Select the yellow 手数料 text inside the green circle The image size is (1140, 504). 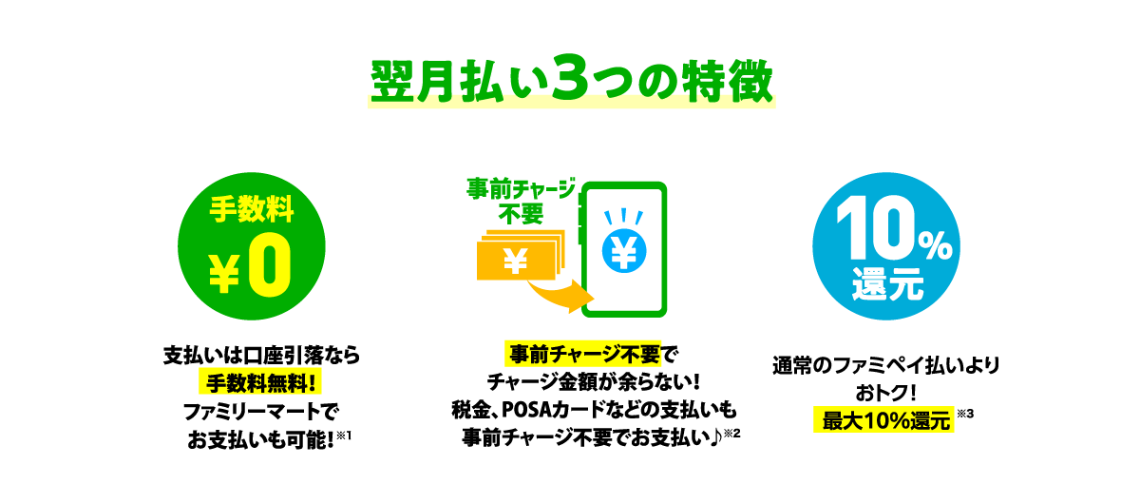(252, 209)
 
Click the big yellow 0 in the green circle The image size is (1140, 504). (270, 265)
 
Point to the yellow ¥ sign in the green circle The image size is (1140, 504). (224, 274)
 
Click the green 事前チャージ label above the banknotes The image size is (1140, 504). (522, 189)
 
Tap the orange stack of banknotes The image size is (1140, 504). (521, 255)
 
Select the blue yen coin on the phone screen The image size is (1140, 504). (624, 251)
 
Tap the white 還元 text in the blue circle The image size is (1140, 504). (887, 284)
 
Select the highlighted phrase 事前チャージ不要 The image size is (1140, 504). (583, 354)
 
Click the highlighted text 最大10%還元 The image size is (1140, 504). (884, 420)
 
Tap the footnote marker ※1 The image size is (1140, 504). (344, 436)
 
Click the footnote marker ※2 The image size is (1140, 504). (732, 434)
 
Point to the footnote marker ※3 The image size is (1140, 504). (965, 414)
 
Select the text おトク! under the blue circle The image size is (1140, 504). (886, 393)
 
